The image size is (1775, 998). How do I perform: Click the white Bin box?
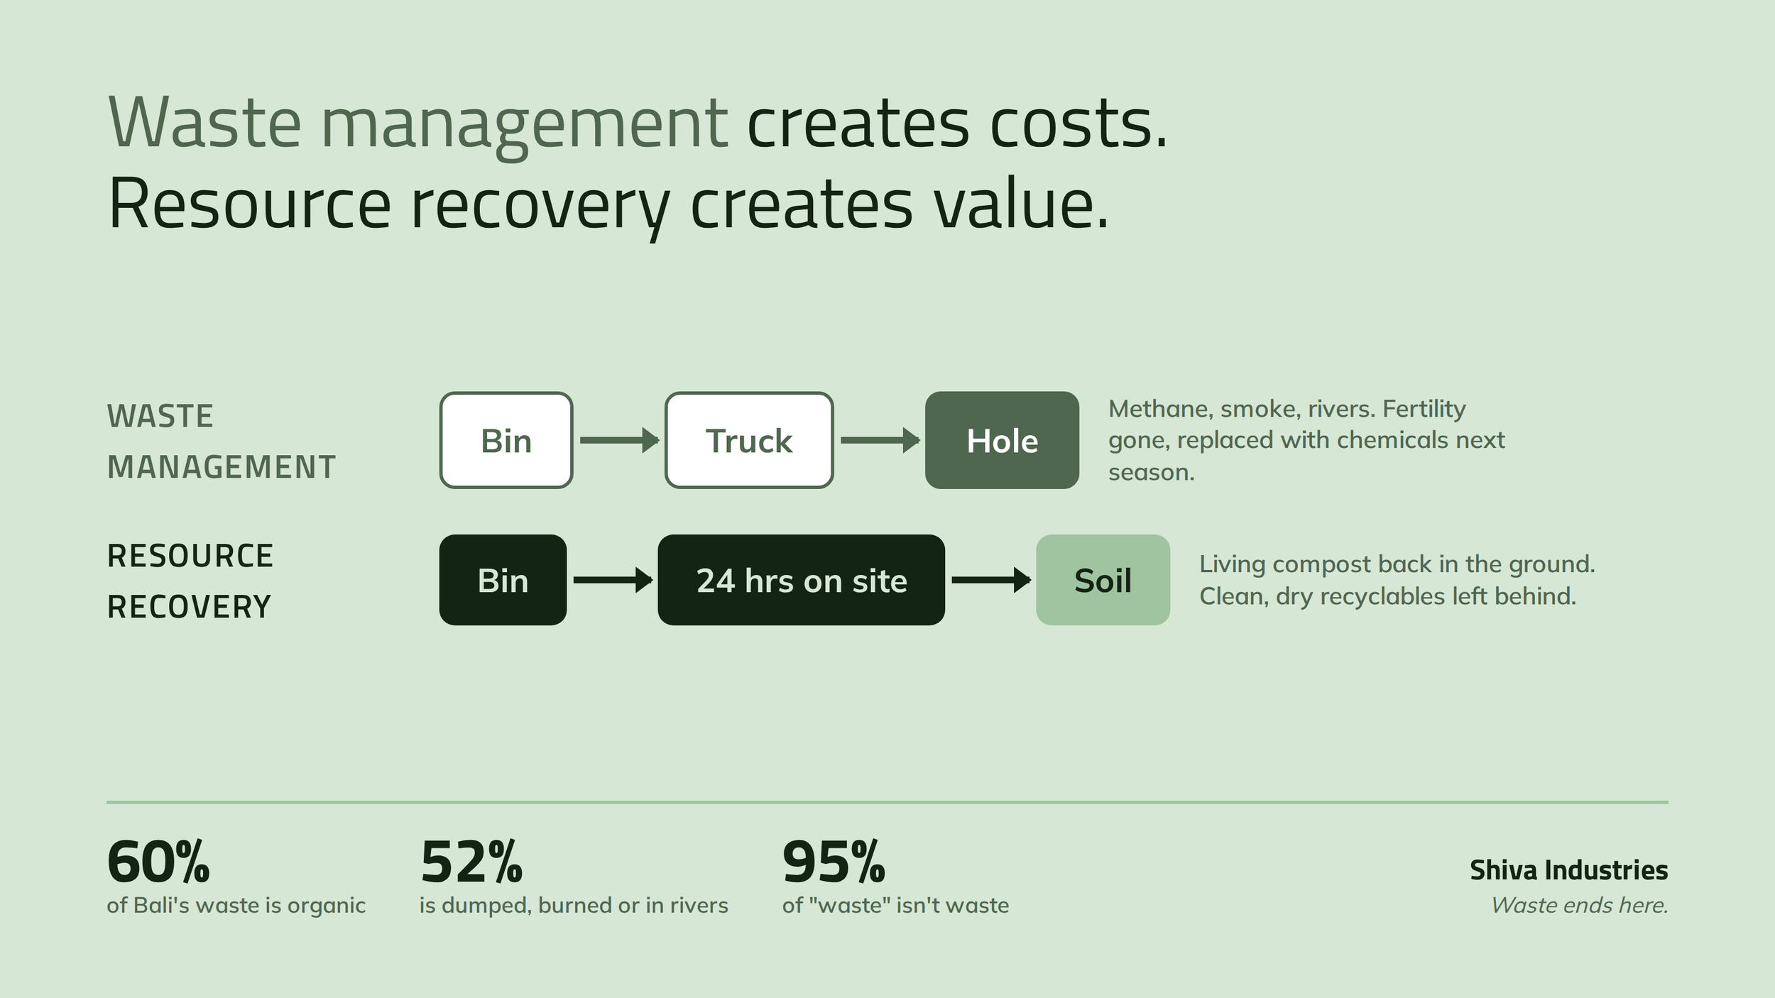tap(506, 440)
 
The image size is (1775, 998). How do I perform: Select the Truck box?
tap(749, 440)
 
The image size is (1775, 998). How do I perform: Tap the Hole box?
tap(1002, 440)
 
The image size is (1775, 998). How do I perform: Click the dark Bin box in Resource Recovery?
tap(503, 580)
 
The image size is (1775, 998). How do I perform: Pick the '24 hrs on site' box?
tap(801, 580)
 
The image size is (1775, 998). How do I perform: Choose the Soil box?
tap(1103, 580)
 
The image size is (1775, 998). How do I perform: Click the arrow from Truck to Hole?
tap(880, 440)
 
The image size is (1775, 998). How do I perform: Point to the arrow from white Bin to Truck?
tap(619, 440)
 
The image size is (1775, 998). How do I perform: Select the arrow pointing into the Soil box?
tap(991, 580)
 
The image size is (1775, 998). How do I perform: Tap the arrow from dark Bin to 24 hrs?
tap(613, 580)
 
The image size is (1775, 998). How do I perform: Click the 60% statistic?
tap(158, 862)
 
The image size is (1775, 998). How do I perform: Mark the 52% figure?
tap(471, 862)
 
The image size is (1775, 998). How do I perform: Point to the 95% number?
tap(834, 862)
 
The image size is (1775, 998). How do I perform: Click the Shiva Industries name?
tap(1568, 870)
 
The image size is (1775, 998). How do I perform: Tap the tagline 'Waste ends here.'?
tap(1579, 905)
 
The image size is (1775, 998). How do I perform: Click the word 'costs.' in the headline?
tap(1078, 124)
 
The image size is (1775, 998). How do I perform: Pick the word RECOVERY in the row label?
tap(189, 607)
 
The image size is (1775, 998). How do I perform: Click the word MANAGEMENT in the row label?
tap(222, 467)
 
